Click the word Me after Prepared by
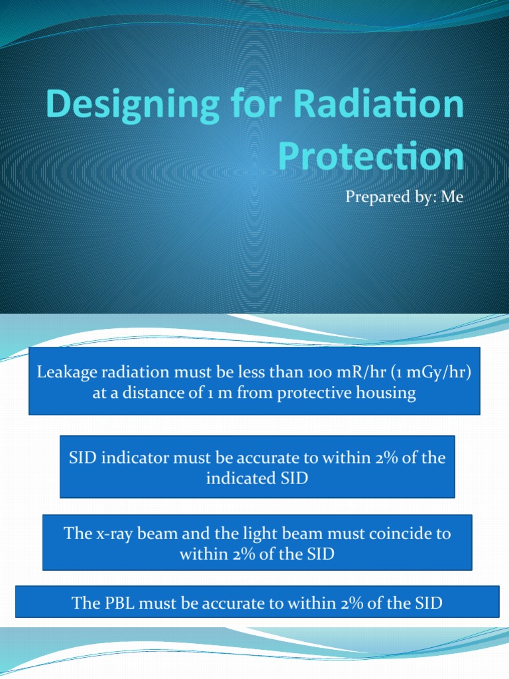point(451,197)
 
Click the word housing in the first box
point(387,393)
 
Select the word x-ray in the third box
point(110,533)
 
